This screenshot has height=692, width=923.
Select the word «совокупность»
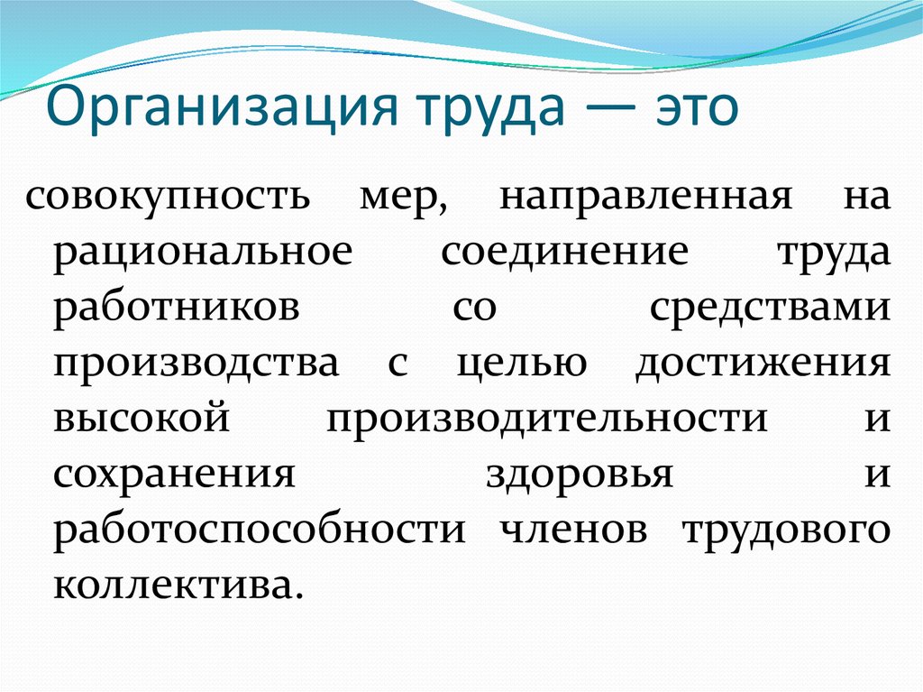pyautogui.click(x=168, y=197)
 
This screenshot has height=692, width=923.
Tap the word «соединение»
pyautogui.click(x=565, y=253)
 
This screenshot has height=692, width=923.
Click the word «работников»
pyautogui.click(x=177, y=307)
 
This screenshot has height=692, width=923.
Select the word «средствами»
pyautogui.click(x=770, y=309)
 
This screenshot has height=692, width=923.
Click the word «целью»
pyautogui.click(x=522, y=363)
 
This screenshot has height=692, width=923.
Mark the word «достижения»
pyautogui.click(x=763, y=363)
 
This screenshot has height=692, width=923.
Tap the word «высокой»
pyautogui.click(x=142, y=418)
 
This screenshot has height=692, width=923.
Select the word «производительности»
pyautogui.click(x=547, y=419)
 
